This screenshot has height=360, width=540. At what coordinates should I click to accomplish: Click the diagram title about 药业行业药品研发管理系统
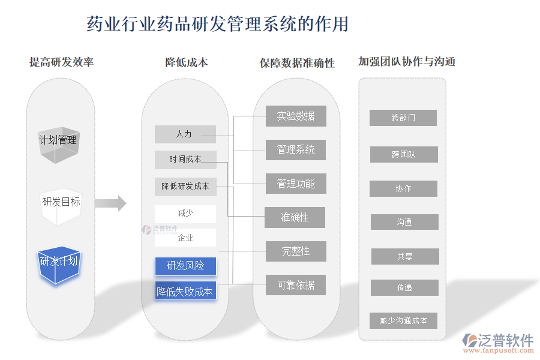click(218, 24)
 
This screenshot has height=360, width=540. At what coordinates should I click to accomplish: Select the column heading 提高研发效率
click(61, 62)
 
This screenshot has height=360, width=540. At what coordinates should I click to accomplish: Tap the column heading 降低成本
click(187, 62)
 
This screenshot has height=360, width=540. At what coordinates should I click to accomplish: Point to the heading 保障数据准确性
click(298, 63)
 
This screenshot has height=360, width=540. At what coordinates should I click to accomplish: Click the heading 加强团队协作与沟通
click(407, 62)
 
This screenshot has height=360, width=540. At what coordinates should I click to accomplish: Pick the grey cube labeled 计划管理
click(58, 143)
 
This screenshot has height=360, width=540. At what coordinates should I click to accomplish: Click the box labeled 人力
click(185, 134)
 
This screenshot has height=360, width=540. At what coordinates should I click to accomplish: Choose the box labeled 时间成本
click(185, 160)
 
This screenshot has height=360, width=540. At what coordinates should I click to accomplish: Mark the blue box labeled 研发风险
click(185, 266)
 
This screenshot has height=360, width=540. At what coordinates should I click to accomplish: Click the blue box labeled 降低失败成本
click(185, 292)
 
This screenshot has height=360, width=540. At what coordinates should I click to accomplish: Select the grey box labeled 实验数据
click(296, 116)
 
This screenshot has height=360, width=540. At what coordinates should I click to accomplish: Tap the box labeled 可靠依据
click(296, 285)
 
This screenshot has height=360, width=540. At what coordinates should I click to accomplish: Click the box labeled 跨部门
click(403, 118)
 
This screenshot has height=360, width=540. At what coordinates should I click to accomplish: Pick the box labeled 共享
click(405, 256)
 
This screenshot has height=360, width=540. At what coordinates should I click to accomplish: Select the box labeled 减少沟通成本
click(404, 320)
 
